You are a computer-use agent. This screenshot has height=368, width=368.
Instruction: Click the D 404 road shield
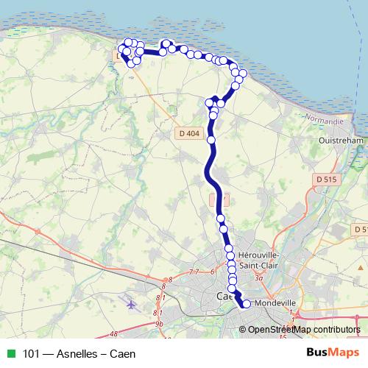pyautogui.click(x=189, y=133)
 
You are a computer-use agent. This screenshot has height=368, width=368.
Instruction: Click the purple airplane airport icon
pyautogui.click(x=132, y=303)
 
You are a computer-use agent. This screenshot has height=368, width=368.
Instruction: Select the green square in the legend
pyautogui.click(x=10, y=354)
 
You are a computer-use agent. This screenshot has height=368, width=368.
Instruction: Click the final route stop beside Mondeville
pyautogui.click(x=246, y=304)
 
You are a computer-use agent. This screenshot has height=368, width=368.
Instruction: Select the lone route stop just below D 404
pyautogui.click(x=211, y=139)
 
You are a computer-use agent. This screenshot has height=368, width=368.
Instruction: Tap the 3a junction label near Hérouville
pyautogui.click(x=258, y=279)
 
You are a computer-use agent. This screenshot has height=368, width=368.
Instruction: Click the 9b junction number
pyautogui.click(x=158, y=323)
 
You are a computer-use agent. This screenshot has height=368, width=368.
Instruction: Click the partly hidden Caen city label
pyautogui.click(x=223, y=296)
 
